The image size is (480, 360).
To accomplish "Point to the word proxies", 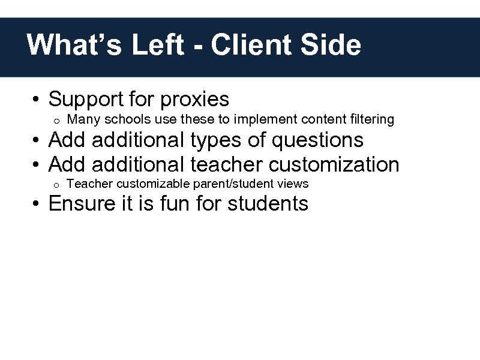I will [x=195, y=99].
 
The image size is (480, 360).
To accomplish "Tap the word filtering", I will [x=370, y=119].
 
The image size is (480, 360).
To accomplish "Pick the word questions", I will [x=317, y=140].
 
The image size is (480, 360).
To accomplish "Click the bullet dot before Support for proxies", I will [x=37, y=100].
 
